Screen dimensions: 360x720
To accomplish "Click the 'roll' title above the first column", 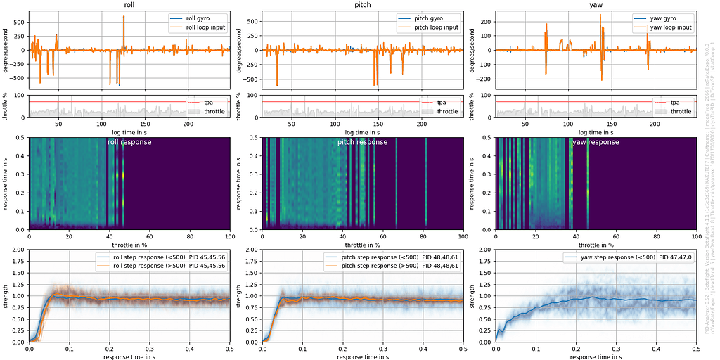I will pyautogui.click(x=129, y=6).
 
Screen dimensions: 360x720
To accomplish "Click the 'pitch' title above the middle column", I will pyautogui.click(x=363, y=6).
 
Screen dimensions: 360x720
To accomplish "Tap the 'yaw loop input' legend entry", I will pyautogui.click(x=668, y=27).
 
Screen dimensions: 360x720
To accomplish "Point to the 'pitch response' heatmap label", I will pyautogui.click(x=363, y=142).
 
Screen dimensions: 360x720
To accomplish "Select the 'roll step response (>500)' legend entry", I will pyautogui.click(x=161, y=267).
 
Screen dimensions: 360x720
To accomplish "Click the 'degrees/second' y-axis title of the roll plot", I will pyautogui.click(x=6, y=51).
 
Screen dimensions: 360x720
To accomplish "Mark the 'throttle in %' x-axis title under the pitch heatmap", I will pyautogui.click(x=363, y=245).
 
